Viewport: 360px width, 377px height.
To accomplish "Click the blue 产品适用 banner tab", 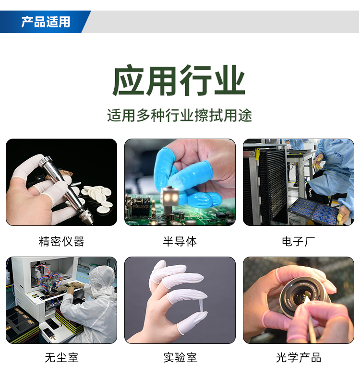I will tap(46, 22).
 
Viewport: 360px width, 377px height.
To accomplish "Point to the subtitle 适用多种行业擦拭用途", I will tap(180, 116).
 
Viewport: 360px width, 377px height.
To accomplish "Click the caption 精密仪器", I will tap(61, 241).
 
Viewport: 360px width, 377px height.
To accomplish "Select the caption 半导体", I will tap(180, 241).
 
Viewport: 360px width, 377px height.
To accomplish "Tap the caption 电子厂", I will tap(298, 241).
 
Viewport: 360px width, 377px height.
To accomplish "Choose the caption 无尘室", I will tap(61, 358).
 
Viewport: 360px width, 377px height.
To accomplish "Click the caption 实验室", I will tap(180, 358).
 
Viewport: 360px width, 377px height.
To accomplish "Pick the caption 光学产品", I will tap(298, 358).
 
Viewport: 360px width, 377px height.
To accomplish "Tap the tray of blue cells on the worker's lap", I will tap(314, 210).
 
